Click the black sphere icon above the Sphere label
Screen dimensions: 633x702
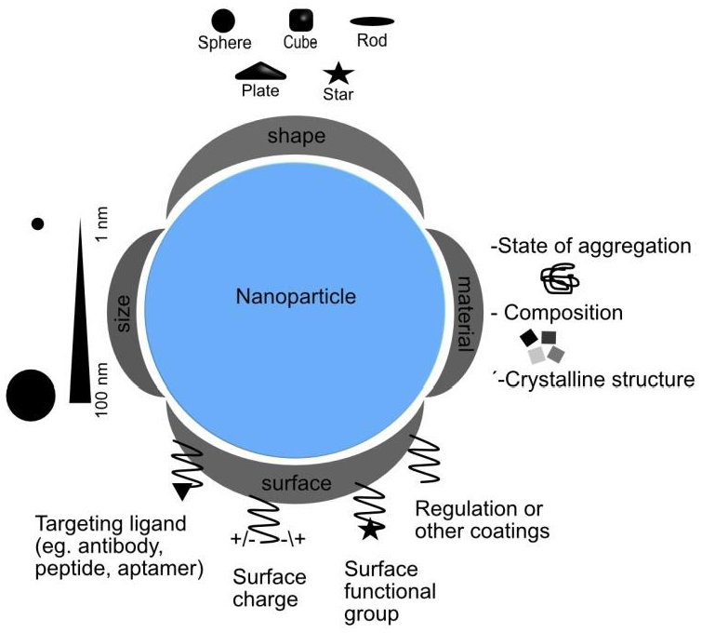coord(223,20)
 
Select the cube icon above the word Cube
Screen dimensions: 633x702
coord(300,20)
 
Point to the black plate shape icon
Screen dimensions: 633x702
coord(260,72)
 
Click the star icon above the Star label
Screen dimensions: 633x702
coord(338,73)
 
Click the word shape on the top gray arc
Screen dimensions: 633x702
coord(296,137)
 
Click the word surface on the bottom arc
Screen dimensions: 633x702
coord(296,483)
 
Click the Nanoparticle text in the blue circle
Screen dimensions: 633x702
coord(297,297)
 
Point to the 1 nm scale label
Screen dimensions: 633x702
coord(102,231)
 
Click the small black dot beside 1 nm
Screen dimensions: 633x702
coord(38,223)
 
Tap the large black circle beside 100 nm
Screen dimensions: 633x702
coord(31,395)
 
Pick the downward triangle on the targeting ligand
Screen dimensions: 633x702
coord(183,491)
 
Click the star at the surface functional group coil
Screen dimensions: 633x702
coord(370,531)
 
